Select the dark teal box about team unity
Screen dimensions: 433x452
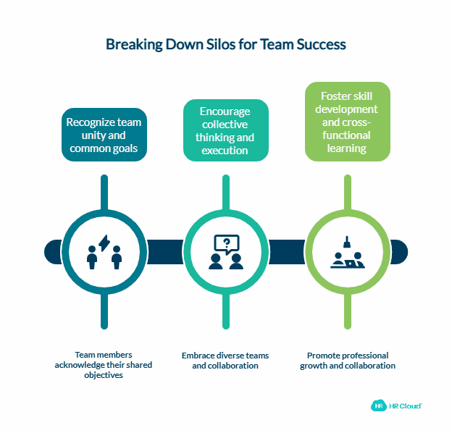pyautogui.click(x=104, y=135)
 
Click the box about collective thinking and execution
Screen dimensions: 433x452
pyautogui.click(x=226, y=130)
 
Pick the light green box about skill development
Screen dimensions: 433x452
pyautogui.click(x=347, y=122)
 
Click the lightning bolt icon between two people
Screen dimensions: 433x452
pyautogui.click(x=104, y=243)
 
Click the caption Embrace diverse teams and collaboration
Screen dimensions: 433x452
pyautogui.click(x=225, y=361)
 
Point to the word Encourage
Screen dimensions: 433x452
pyautogui.click(x=226, y=112)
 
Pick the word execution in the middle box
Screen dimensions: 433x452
pyautogui.click(x=226, y=150)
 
